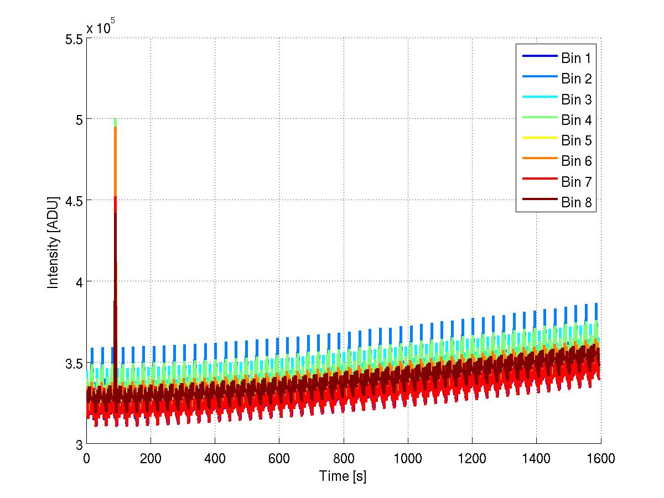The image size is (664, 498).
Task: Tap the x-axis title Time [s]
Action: (343, 476)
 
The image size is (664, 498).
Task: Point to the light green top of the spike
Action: (115, 121)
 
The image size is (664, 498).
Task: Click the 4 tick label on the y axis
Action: (77, 282)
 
